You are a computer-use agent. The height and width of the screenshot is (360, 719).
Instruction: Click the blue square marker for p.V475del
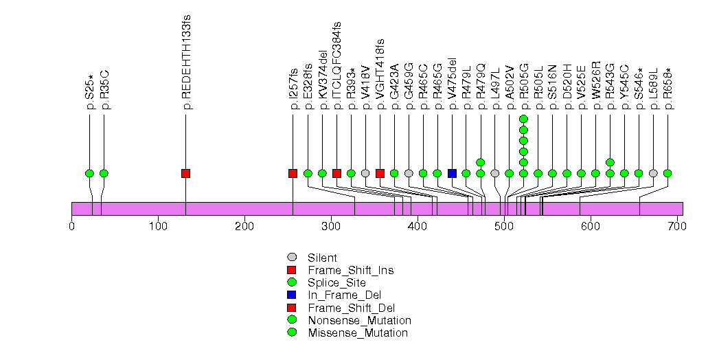tap(452, 173)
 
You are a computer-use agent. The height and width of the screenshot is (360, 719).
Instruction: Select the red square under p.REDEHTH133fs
tap(185, 173)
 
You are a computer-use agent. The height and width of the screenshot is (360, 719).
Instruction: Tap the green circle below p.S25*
tap(89, 173)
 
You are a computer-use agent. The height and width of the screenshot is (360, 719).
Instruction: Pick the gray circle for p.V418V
tap(365, 173)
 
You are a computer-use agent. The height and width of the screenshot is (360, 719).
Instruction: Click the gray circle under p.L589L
tap(653, 173)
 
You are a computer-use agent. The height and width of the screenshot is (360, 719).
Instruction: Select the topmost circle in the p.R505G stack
tap(523, 119)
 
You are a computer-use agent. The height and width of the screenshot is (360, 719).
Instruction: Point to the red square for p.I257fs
tap(293, 173)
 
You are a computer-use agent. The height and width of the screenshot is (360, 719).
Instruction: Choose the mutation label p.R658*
tap(668, 88)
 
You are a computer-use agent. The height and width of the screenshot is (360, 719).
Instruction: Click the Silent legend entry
tap(323, 258)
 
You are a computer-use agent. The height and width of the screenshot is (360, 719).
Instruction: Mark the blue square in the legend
tap(292, 295)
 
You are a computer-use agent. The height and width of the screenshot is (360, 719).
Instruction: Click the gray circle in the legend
tap(292, 258)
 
